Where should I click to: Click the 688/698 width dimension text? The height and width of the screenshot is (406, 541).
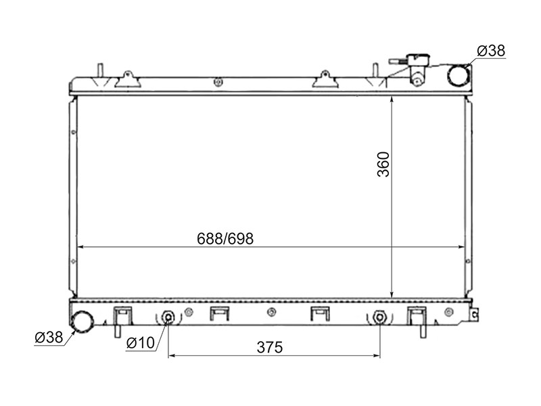(225, 239)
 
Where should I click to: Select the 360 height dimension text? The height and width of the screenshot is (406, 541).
(383, 164)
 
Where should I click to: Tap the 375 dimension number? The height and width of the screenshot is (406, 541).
(269, 347)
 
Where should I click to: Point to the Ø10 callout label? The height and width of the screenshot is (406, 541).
(141, 343)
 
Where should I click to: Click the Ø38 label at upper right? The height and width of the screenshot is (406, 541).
(491, 51)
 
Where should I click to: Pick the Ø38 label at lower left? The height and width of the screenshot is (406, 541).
(49, 337)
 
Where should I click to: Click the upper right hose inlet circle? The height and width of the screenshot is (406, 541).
(459, 75)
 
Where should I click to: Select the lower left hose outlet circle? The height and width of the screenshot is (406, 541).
(82, 321)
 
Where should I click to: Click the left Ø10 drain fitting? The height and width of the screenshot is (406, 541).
(168, 317)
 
